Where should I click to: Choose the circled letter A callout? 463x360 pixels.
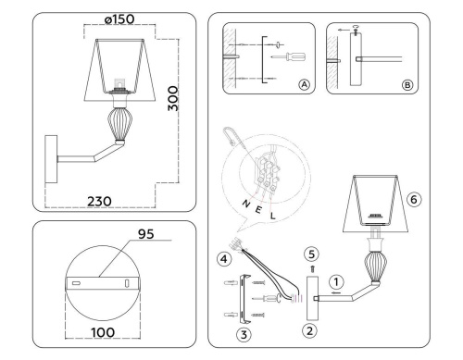tap(303, 82)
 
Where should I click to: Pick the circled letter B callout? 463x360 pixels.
tap(408, 82)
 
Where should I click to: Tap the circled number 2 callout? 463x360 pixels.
tap(310, 328)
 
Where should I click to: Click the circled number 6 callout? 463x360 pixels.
tap(414, 197)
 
